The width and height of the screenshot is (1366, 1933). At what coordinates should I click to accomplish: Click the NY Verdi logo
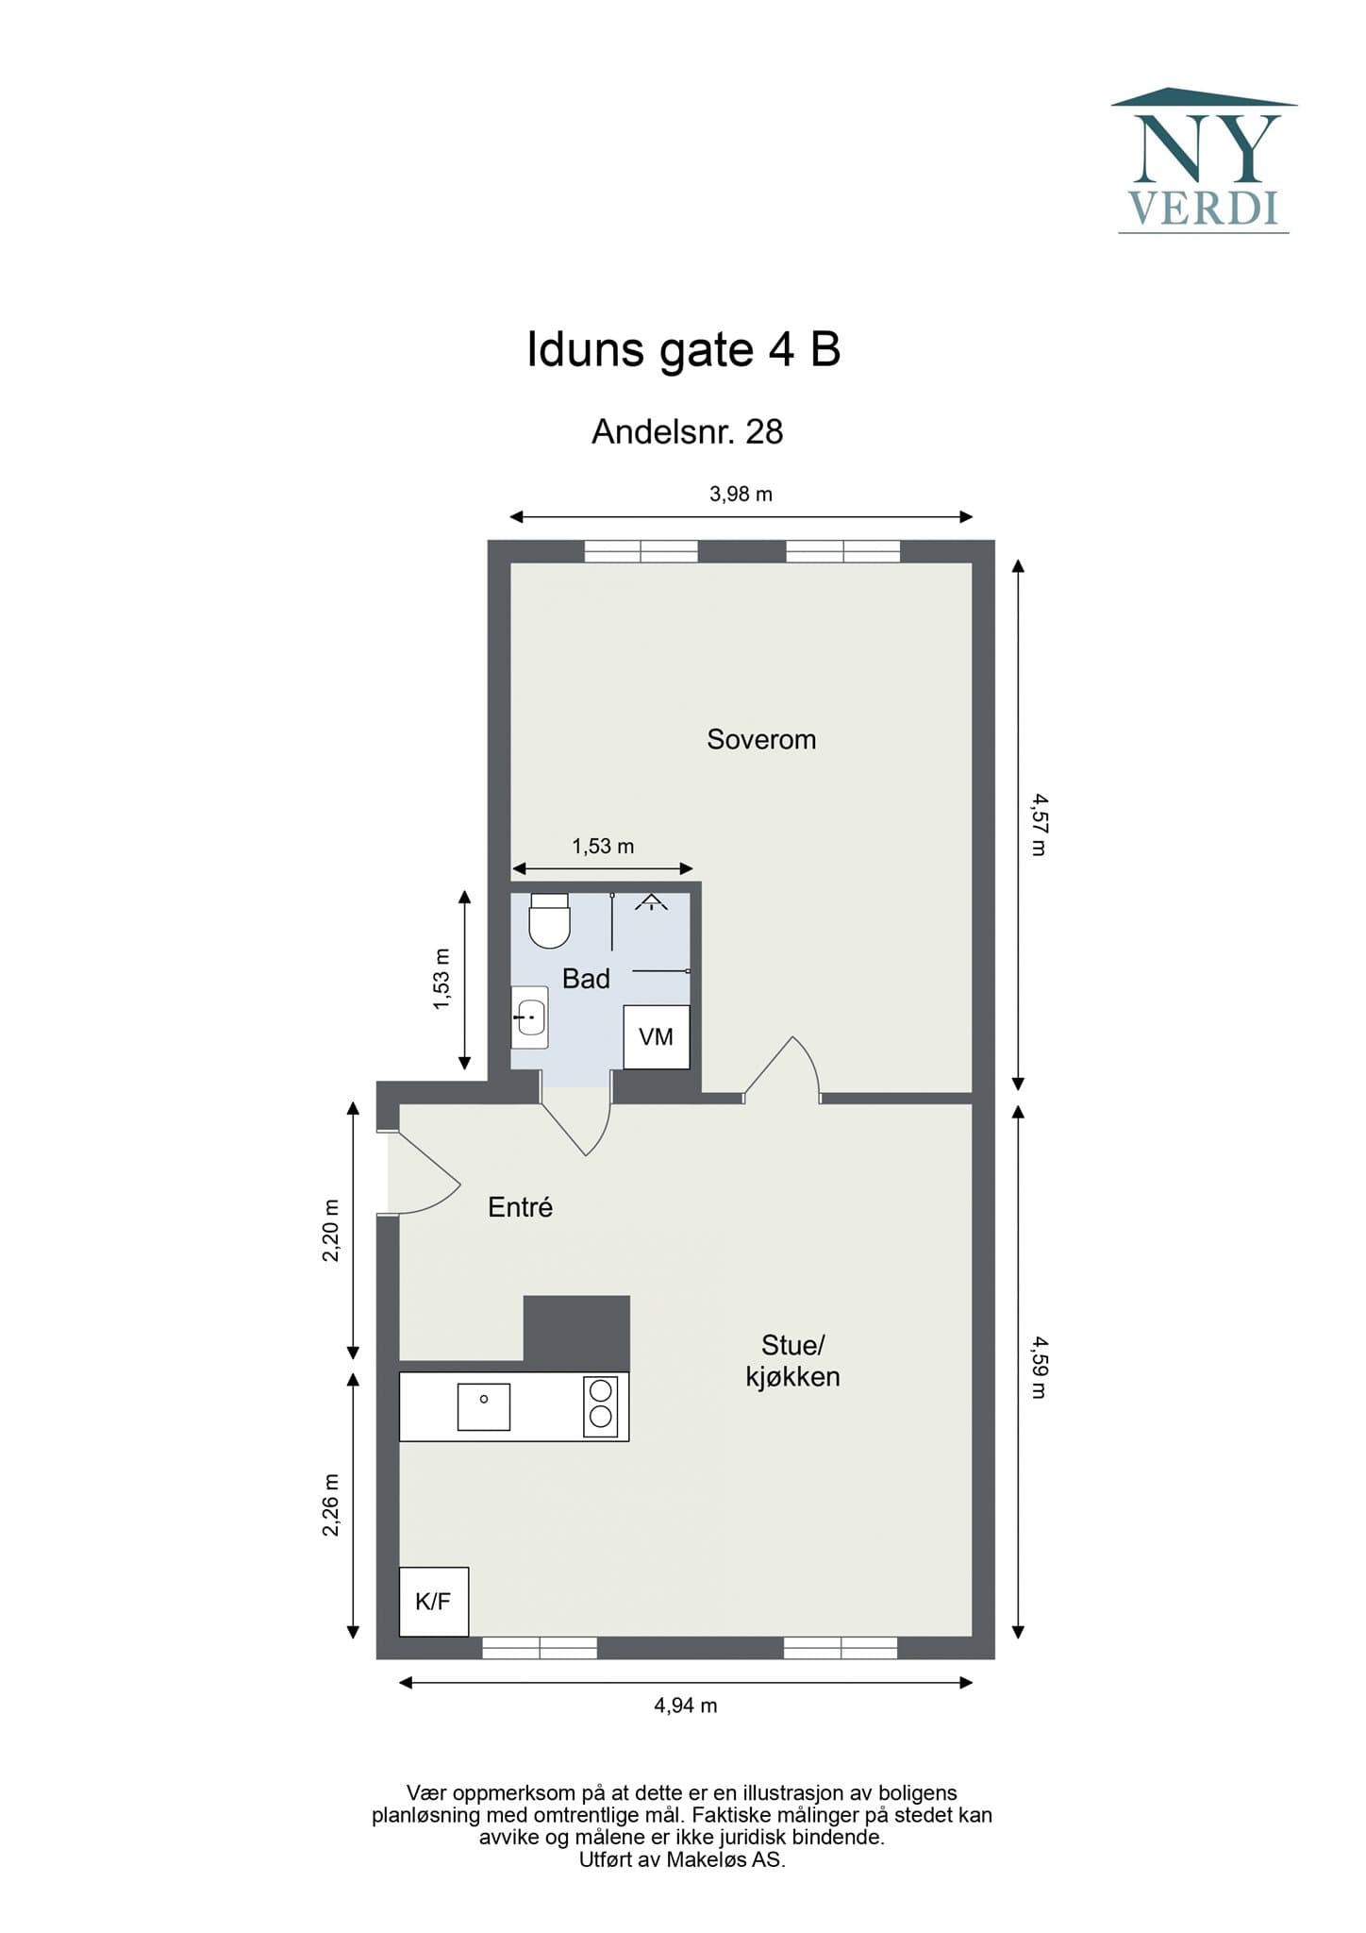click(x=1204, y=160)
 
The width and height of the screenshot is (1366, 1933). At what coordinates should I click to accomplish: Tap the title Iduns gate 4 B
click(x=683, y=350)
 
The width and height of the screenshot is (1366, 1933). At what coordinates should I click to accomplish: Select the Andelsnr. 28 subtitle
click(x=687, y=432)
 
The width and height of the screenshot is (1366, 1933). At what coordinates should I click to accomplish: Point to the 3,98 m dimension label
click(x=741, y=494)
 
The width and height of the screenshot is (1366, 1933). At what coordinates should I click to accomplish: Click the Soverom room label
click(x=761, y=739)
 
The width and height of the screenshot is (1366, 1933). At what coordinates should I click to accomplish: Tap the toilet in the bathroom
click(x=549, y=920)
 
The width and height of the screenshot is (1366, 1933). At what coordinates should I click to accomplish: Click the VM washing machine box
click(x=657, y=1037)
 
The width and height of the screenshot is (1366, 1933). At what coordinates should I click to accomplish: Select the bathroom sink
click(x=529, y=1017)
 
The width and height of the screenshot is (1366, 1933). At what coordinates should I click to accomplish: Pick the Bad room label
click(x=586, y=979)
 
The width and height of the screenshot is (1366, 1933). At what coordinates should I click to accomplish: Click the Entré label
click(x=520, y=1207)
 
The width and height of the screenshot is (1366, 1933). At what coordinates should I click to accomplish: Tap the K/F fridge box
click(x=434, y=1602)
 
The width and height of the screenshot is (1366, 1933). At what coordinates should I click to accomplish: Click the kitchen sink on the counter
click(x=484, y=1406)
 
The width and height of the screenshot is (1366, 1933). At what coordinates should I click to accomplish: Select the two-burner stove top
click(x=601, y=1406)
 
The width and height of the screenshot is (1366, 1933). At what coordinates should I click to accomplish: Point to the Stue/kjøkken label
click(x=792, y=1360)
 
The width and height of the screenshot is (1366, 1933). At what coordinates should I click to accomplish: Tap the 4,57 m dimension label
click(x=1039, y=824)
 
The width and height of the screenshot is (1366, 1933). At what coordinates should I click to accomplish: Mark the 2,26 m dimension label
click(x=330, y=1504)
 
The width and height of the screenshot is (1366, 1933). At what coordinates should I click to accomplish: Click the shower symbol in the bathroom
click(x=651, y=902)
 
